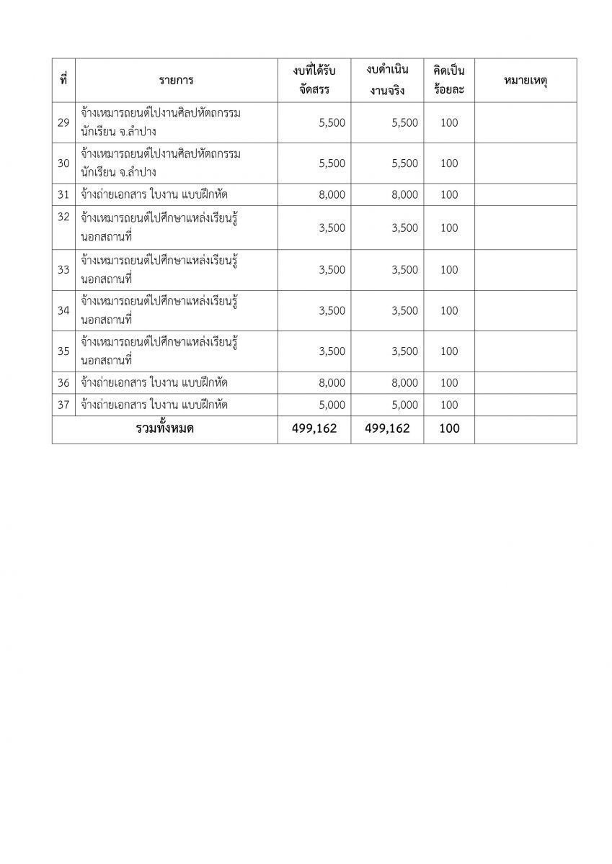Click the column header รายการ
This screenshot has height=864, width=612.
click(177, 81)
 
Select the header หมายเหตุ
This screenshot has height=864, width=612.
click(525, 81)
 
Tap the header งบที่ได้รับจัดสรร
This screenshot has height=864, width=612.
click(314, 81)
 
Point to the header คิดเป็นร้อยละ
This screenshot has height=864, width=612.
click(448, 81)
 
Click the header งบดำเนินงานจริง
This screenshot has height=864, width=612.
click(387, 81)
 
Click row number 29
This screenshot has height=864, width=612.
click(63, 122)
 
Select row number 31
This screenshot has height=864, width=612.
click(63, 194)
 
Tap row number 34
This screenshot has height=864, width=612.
click(63, 310)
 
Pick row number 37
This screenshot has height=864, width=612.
click(63, 405)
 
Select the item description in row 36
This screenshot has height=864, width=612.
click(155, 382)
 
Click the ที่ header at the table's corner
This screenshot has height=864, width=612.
click(63, 81)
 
